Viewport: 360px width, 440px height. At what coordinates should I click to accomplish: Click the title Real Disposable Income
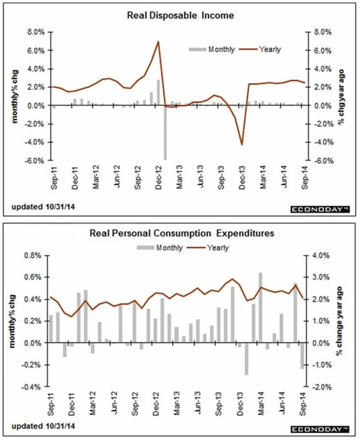179,16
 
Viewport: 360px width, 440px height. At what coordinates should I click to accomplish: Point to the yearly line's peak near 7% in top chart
159,42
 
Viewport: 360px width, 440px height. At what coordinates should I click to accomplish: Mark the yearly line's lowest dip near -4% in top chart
242,144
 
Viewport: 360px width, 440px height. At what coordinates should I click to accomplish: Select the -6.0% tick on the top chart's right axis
321,160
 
